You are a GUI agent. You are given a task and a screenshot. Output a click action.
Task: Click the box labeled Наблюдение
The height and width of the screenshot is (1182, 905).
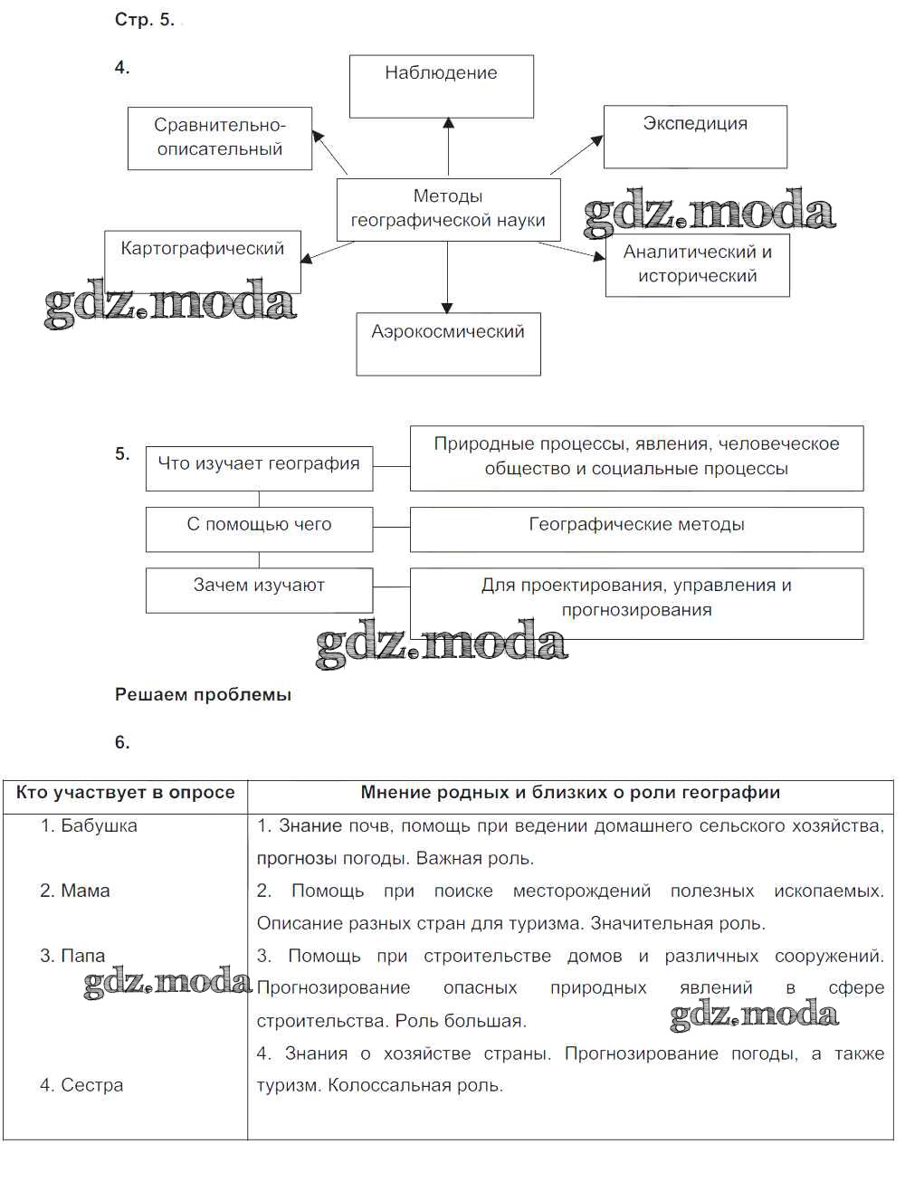tap(441, 86)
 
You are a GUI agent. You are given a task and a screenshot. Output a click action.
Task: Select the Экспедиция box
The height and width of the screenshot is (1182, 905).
tap(695, 137)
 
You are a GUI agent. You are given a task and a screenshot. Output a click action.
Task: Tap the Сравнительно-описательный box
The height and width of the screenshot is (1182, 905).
tap(220, 138)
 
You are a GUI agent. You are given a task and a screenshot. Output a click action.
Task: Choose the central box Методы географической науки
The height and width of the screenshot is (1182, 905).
tap(448, 209)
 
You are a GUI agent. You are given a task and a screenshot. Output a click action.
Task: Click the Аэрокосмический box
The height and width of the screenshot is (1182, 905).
tap(448, 344)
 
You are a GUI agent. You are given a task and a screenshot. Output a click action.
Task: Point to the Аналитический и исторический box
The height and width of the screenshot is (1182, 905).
tap(697, 265)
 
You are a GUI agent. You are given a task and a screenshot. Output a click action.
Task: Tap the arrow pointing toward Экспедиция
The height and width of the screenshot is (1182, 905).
tap(576, 155)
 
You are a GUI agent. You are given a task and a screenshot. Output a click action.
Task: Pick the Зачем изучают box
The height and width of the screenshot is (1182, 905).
tap(259, 589)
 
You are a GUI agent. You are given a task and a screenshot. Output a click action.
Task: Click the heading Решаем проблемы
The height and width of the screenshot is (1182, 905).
tap(203, 695)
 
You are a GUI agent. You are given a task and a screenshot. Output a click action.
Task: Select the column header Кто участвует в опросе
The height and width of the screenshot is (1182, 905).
tap(125, 793)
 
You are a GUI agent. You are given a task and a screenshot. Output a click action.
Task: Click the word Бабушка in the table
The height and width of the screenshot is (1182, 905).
tap(99, 825)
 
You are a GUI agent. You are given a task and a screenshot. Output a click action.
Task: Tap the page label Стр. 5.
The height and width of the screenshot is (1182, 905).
tap(144, 20)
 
